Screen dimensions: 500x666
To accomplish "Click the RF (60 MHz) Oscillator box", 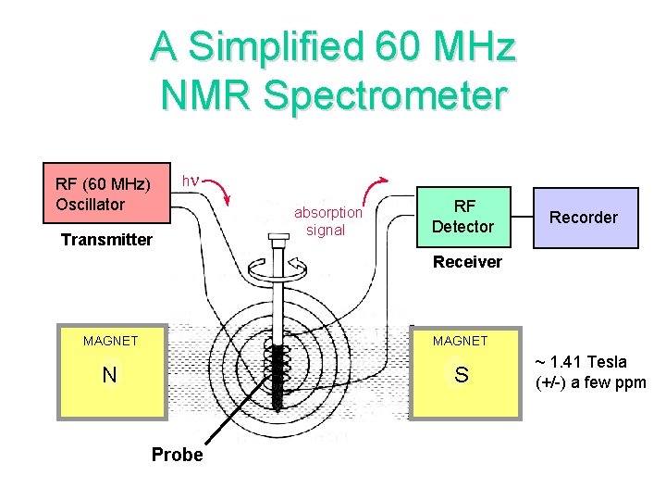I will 108,194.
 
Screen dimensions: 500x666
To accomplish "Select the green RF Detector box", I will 463,217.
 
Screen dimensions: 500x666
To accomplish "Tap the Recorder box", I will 584,218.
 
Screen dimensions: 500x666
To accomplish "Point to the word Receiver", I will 467,262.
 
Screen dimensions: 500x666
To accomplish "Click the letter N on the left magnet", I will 109,375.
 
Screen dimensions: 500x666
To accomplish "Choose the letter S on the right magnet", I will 462,376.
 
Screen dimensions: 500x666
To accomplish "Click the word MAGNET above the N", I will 110,342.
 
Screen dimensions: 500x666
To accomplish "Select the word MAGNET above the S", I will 460,342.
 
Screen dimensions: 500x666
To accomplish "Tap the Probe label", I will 177,455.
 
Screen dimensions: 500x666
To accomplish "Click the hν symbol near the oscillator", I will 190,179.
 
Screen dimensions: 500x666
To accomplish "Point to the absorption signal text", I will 327,221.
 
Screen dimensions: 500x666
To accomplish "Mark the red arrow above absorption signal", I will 376,185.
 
